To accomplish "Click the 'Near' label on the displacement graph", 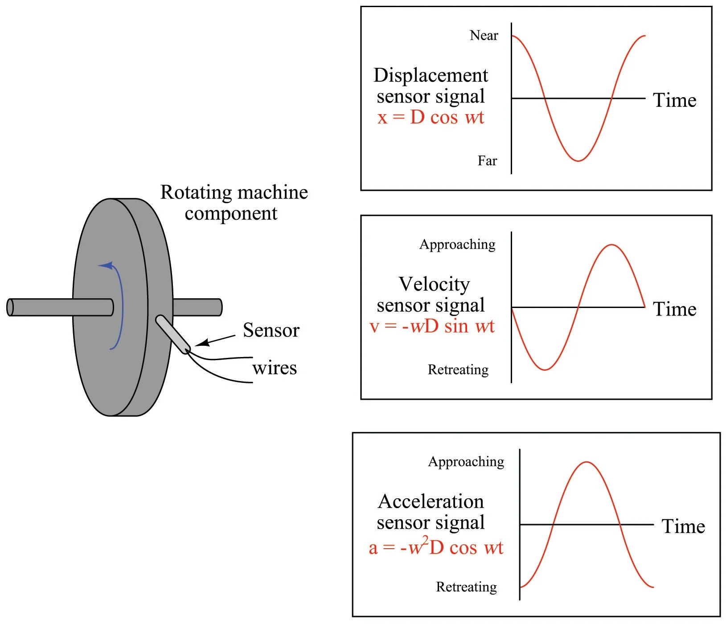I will [x=484, y=35].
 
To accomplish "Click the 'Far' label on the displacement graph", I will [x=487, y=160].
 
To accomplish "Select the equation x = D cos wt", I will [x=431, y=117].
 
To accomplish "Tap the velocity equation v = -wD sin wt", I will [x=432, y=326].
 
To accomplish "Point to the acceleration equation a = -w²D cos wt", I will [x=436, y=547].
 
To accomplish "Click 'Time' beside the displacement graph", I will [x=674, y=100].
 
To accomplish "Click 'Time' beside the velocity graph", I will [x=674, y=309].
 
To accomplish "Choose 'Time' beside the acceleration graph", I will [x=683, y=526].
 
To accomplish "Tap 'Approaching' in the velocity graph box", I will [x=457, y=244].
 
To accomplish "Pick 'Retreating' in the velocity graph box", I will [x=458, y=369].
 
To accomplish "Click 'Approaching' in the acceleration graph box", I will [x=466, y=462].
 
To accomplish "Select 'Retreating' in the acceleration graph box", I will [x=466, y=587].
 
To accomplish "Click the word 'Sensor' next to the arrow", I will [x=271, y=330].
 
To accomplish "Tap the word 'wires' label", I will [x=275, y=368].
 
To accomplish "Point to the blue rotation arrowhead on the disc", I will [x=106, y=266].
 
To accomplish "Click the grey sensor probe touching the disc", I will [x=172, y=334].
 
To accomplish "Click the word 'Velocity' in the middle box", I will [x=434, y=284].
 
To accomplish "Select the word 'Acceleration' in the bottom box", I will [x=431, y=501].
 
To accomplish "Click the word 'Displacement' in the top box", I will [x=431, y=75].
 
